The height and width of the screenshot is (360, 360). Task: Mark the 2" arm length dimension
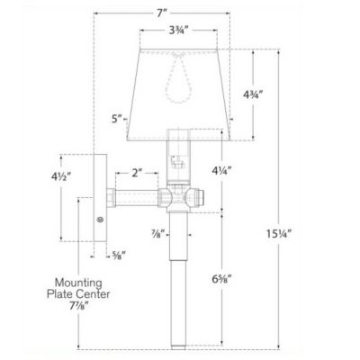[x=136, y=173]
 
